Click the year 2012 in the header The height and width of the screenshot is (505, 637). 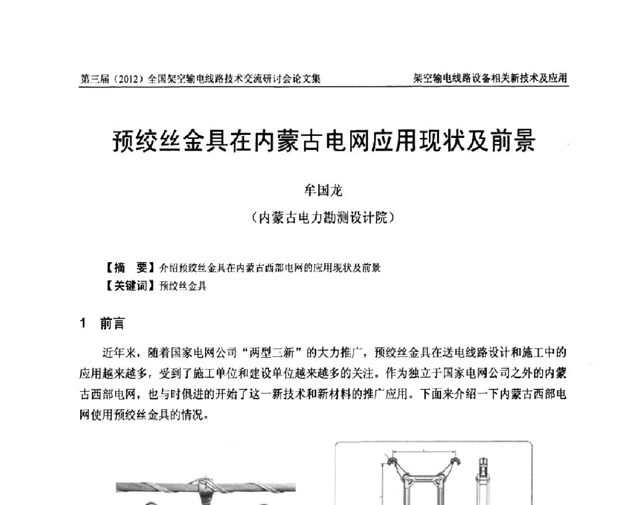(x=128, y=79)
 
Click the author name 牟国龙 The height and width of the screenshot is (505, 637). (x=323, y=189)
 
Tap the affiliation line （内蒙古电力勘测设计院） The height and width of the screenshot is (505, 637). (x=323, y=217)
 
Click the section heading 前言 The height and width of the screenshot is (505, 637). (x=112, y=324)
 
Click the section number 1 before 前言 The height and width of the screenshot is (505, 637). (x=83, y=324)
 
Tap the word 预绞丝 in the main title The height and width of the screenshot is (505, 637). (x=142, y=142)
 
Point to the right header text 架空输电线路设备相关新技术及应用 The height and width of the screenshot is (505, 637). (x=490, y=79)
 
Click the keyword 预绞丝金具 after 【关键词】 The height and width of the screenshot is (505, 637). (x=183, y=286)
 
